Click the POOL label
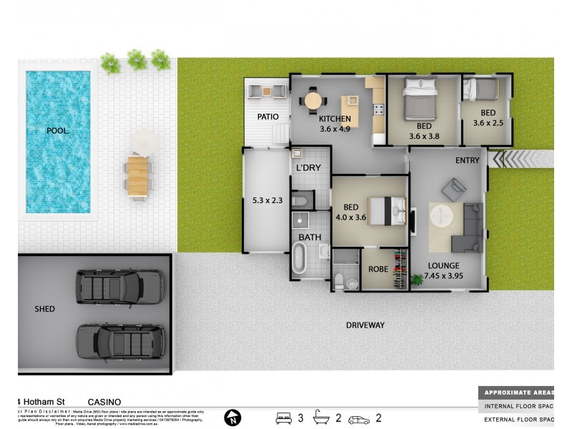pos(58,131)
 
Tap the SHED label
pos(44,309)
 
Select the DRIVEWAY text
pos(365,325)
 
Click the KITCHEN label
pos(335,119)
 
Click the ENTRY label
pos(467,160)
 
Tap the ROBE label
pos(378,270)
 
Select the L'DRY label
pos(308,168)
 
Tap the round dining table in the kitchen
pos(313,100)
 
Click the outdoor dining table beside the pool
pos(139,177)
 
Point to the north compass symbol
pos(232,417)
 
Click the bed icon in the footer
pos(284,418)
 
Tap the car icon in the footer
pos(360,418)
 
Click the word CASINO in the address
pos(104,402)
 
